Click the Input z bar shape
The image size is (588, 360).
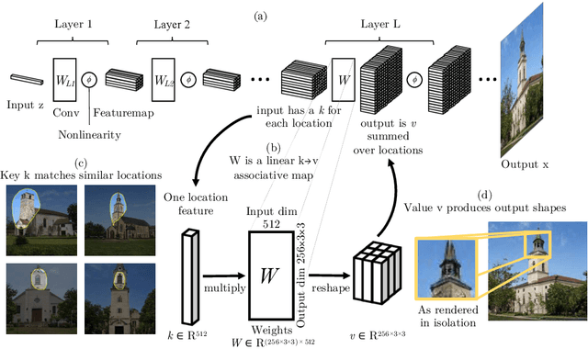click(27, 80)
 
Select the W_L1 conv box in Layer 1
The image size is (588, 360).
click(64, 80)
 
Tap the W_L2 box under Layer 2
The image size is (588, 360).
click(164, 80)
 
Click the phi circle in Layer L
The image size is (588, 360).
click(414, 80)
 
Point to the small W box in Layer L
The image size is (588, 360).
click(343, 80)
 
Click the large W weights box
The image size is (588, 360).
click(271, 276)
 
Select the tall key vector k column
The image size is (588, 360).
click(190, 276)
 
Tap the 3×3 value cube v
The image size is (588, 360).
click(377, 273)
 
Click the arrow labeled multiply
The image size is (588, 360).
click(224, 276)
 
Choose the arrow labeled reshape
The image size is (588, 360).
click(329, 276)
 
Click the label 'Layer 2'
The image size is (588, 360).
click(172, 25)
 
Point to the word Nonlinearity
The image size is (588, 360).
click(89, 135)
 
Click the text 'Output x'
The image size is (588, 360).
click(525, 164)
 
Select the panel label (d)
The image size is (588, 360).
click(484, 195)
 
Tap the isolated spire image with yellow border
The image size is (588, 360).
click(447, 268)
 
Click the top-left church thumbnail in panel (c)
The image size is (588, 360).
click(41, 220)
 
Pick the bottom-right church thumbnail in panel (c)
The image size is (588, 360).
click(120, 298)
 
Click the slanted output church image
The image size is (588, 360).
click(522, 81)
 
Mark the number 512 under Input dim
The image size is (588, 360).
click(271, 224)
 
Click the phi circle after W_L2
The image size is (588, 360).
click(188, 80)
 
